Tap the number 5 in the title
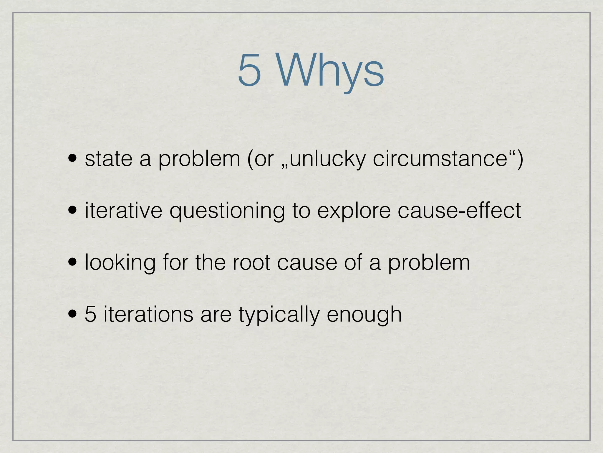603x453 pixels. (x=249, y=71)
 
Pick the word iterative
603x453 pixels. (x=123, y=211)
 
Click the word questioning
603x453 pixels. (x=227, y=211)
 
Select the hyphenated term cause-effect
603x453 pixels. (x=459, y=211)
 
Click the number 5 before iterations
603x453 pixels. (x=90, y=314)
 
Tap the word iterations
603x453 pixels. (x=148, y=314)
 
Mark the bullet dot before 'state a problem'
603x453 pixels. (x=72, y=159)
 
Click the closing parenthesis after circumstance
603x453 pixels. (x=520, y=159)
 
